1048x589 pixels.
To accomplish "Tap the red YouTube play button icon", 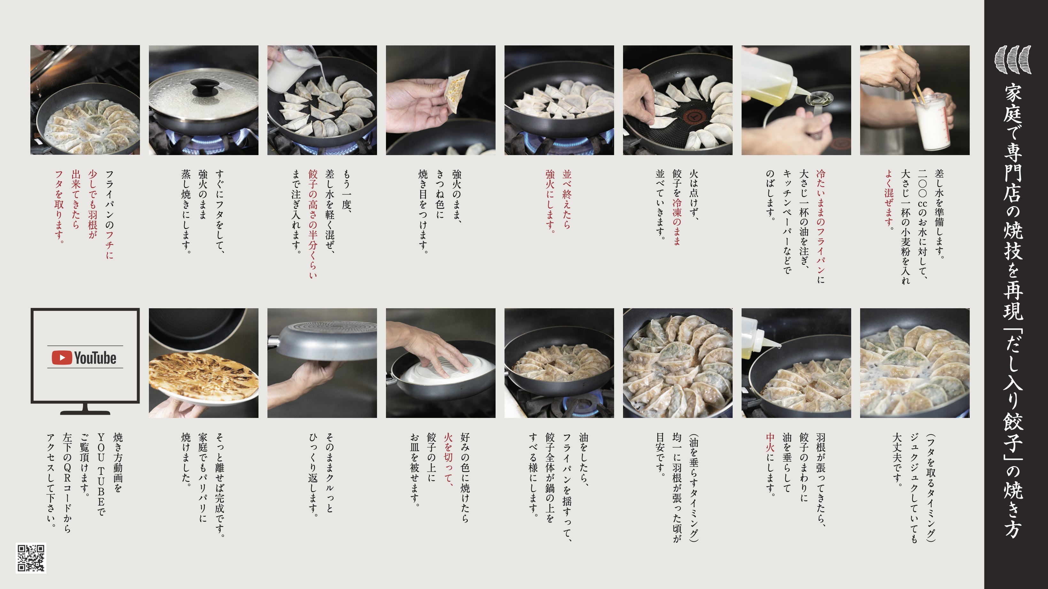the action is pos(62,358).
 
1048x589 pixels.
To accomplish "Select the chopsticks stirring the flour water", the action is pos(905,73).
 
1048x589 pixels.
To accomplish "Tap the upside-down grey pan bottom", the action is pos(327,340).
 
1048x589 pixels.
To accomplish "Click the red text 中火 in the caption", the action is pos(770,443).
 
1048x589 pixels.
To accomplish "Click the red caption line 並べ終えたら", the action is pos(567,200).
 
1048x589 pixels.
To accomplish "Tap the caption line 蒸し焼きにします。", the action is pos(186,212).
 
